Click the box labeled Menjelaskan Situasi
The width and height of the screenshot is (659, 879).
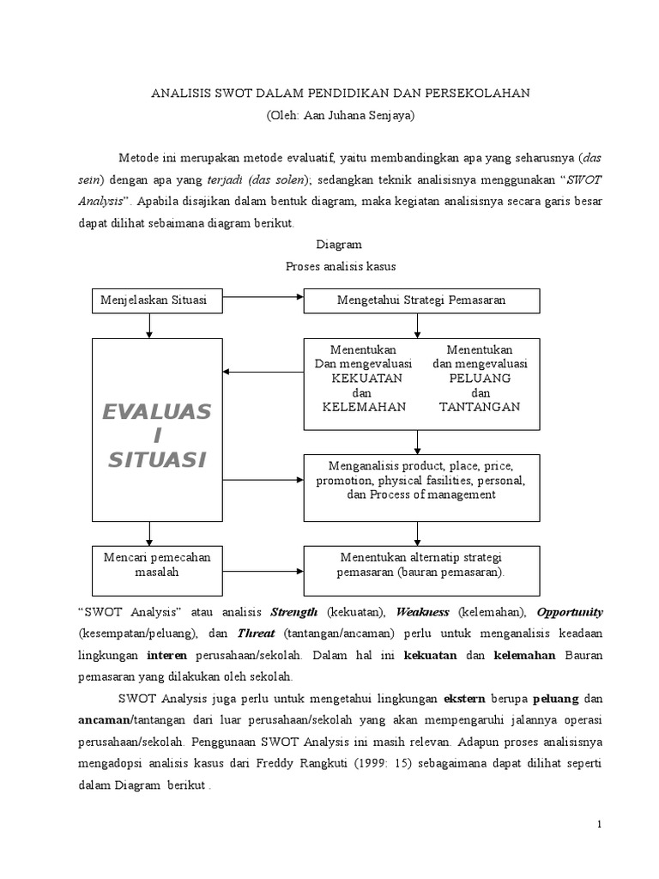149,300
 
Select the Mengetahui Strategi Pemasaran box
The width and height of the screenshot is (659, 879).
420,300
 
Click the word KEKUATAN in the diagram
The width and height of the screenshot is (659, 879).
361,378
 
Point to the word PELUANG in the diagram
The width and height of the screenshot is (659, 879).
480,378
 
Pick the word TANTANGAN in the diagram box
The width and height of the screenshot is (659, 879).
480,407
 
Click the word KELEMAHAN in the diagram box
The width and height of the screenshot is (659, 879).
363,407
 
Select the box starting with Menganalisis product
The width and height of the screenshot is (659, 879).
420,481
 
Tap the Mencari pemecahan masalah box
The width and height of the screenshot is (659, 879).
149,564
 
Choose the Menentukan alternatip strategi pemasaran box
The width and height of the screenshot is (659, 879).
420,564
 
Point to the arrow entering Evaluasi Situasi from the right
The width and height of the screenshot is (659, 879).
263,373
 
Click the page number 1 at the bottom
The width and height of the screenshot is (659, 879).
600,825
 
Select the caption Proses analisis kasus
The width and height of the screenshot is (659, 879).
341,266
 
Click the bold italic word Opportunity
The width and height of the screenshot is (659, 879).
570,612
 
